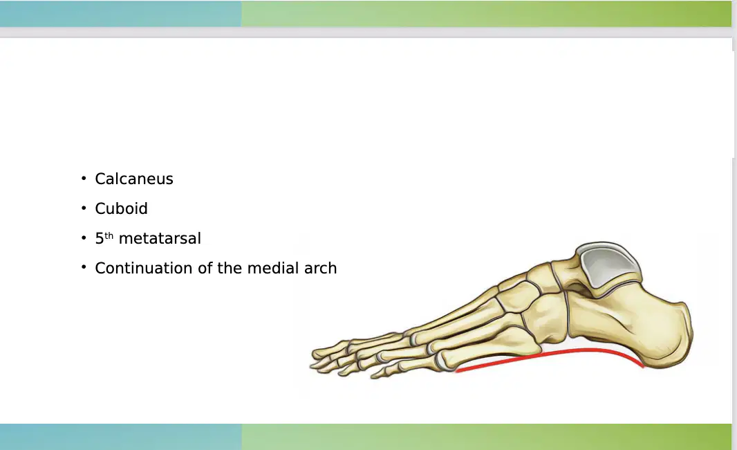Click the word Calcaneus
pos(134,179)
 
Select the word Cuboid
pos(121,208)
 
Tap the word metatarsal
pos(160,239)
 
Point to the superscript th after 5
pos(109,235)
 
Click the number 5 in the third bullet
pos(99,239)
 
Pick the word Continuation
pos(144,269)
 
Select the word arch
pos(321,269)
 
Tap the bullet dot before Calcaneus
pos(84,178)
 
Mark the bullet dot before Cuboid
pos(84,208)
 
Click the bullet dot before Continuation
pos(84,267)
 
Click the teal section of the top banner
pos(121,14)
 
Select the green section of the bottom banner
pos(487,437)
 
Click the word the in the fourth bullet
pos(230,269)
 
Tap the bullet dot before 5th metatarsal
pos(84,237)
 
